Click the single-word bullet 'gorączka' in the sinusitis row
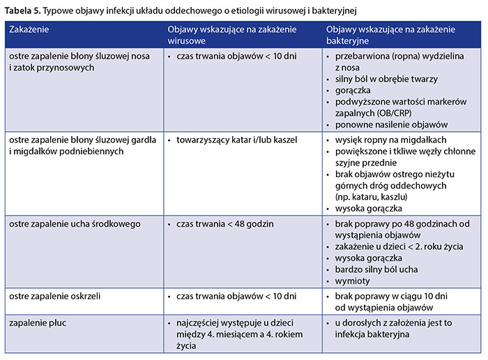(353, 91)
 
